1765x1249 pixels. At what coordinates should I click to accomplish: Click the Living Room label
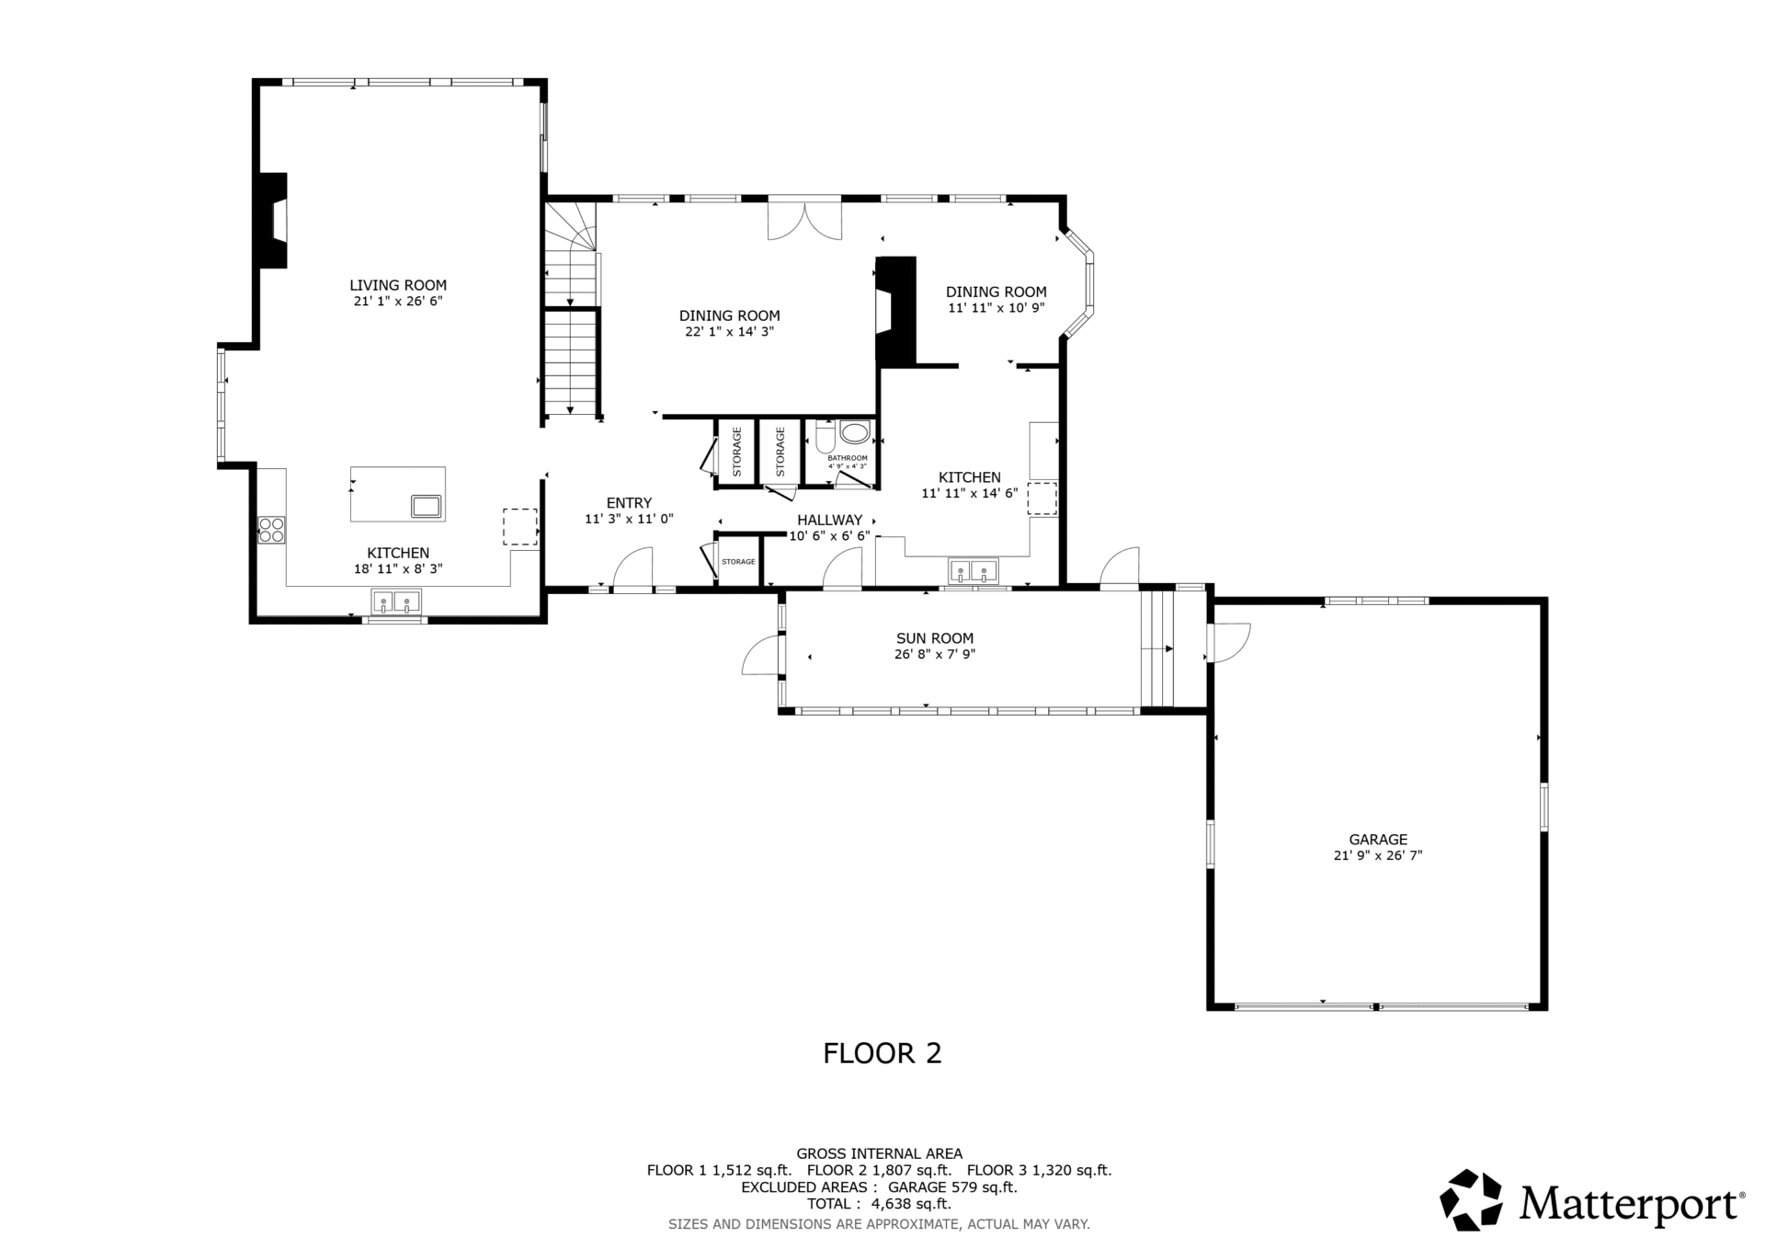[x=398, y=285]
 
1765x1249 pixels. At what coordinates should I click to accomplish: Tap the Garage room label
[x=1378, y=839]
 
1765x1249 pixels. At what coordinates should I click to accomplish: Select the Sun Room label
[x=935, y=638]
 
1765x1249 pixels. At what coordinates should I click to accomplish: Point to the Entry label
[x=629, y=503]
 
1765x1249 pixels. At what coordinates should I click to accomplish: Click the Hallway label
[x=830, y=520]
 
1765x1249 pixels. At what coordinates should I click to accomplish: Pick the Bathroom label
[x=848, y=458]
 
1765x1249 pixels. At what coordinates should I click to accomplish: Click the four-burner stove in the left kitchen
[x=271, y=529]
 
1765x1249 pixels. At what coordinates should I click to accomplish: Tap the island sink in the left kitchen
[x=427, y=505]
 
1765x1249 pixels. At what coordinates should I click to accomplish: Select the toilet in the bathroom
[x=824, y=436]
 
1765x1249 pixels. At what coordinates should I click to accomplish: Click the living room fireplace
[x=274, y=221]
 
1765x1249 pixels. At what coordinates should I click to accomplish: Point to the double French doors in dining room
[x=804, y=221]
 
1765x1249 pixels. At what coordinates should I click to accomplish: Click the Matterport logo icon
[x=1471, y=1199]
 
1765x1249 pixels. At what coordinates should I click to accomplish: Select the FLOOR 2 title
[x=882, y=1053]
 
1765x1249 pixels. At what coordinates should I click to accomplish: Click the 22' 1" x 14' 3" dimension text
[x=730, y=332]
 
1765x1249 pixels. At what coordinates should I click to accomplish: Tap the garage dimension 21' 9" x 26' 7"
[x=1378, y=855]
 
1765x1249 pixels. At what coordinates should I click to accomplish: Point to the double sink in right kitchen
[x=974, y=572]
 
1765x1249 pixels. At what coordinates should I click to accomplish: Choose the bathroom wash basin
[x=855, y=432]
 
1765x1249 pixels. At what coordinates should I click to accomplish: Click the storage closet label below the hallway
[x=738, y=562]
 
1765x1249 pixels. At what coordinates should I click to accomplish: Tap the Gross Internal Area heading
[x=879, y=1153]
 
